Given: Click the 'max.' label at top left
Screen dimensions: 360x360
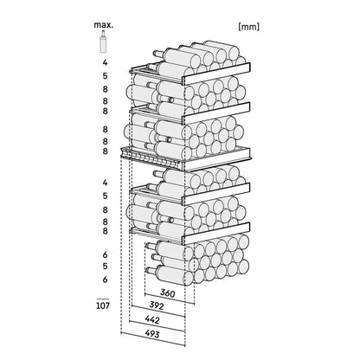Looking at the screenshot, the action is point(104,25).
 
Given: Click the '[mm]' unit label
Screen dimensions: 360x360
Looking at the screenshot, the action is point(249,27).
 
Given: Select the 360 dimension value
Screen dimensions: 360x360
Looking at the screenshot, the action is point(168,293).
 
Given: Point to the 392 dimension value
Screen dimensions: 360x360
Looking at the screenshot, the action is point(156,305).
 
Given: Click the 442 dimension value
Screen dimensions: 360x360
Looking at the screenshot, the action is point(151,319).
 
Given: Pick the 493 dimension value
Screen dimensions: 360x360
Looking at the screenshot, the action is point(151,334).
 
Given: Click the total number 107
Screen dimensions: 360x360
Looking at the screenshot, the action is point(103,305).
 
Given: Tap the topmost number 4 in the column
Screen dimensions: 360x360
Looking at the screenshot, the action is point(105,62).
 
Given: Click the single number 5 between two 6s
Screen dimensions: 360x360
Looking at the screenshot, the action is point(105,266).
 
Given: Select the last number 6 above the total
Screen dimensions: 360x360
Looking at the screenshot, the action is point(105,280).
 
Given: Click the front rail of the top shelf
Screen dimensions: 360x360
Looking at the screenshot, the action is point(216,74).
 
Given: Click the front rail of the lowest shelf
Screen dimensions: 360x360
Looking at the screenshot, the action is point(216,234).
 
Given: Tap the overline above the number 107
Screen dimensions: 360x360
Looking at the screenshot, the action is point(103,299).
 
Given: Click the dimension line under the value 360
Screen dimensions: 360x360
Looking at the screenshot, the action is point(169,299).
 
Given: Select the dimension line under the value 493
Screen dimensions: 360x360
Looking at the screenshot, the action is point(153,339).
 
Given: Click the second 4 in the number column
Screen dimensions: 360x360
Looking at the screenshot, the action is point(105,183).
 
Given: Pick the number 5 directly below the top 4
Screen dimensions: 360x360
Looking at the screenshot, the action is point(105,76).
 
